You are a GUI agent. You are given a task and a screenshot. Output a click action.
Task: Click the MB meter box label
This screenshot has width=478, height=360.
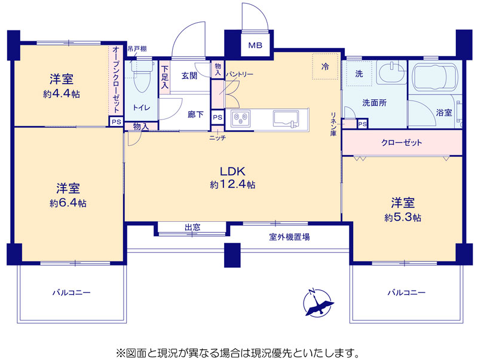255,45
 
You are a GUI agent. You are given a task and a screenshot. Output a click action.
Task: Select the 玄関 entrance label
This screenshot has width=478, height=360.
189,76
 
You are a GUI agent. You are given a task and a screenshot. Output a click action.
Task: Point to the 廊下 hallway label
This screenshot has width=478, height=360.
196,114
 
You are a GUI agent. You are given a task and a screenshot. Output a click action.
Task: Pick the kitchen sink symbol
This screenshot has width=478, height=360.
286,118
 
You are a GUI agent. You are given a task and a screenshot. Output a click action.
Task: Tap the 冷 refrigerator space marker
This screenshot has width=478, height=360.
325,66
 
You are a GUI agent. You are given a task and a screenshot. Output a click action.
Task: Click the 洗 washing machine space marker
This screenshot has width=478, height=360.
359,74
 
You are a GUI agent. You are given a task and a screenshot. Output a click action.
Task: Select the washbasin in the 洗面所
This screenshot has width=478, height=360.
391,72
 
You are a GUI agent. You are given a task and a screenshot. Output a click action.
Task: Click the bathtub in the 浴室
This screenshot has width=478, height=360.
435,77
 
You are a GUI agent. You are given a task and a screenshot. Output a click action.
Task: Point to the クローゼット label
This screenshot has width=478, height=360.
402,142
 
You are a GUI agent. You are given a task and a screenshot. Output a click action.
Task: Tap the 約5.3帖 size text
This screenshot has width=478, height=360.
403,218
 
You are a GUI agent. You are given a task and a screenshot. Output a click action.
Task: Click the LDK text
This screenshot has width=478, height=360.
232,172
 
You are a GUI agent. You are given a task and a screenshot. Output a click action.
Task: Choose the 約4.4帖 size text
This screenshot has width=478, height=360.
62,94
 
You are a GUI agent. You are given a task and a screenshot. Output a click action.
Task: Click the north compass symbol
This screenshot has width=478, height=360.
318,303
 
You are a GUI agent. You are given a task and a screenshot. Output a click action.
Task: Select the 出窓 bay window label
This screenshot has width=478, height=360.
192,227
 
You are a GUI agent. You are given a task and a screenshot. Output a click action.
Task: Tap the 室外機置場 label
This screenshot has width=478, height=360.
290,237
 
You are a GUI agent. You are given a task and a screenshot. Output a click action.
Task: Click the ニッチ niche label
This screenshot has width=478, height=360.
217,138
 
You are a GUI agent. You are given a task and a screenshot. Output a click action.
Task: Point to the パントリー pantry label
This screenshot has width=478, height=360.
240,74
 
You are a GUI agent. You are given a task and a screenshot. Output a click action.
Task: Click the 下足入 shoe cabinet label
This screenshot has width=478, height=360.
165,77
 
